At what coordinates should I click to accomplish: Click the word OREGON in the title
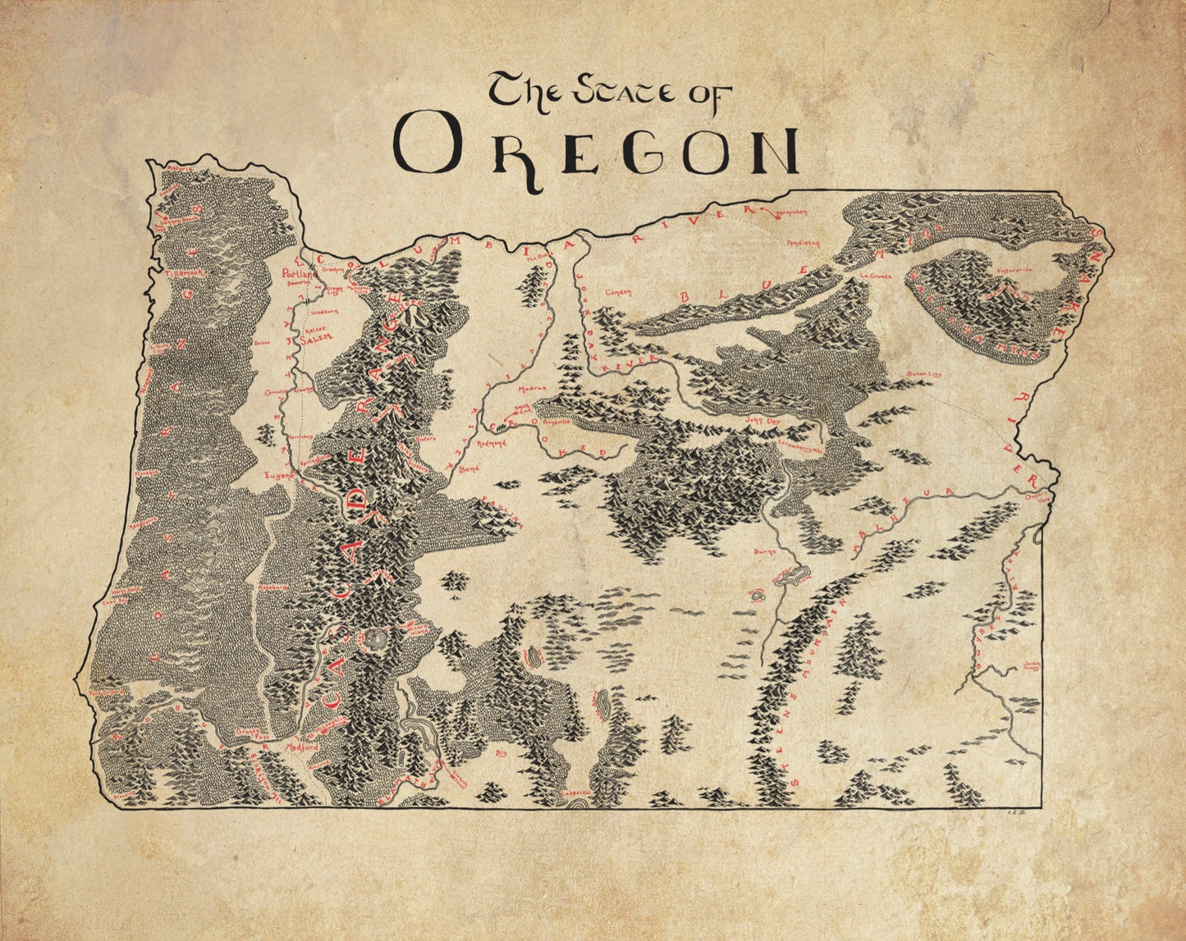click(x=597, y=150)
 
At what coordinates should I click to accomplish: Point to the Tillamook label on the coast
click(x=181, y=273)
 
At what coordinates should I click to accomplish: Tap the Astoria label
click(x=180, y=169)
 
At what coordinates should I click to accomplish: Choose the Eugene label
click(x=279, y=475)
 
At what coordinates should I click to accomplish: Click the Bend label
click(x=469, y=469)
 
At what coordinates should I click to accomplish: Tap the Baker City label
click(x=924, y=374)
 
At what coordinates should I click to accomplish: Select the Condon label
click(x=617, y=291)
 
